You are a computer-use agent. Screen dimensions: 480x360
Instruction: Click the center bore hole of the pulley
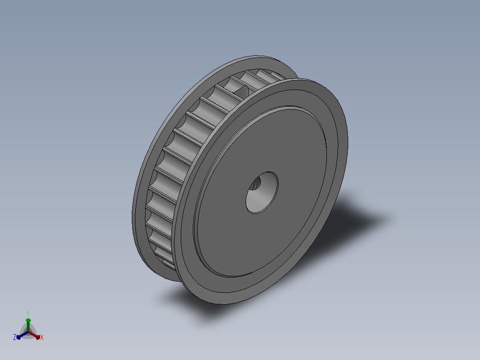tap(262, 193)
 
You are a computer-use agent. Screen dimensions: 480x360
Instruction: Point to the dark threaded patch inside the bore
tap(255, 184)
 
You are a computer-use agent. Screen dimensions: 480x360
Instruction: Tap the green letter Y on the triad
tap(28, 313)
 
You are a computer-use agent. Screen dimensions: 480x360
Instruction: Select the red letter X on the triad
tap(42, 337)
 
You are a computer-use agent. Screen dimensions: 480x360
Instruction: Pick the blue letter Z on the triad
tap(15, 337)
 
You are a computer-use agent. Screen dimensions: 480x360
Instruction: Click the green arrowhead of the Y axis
tap(28, 320)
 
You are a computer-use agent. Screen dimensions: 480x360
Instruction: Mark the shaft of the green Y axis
tap(28, 327)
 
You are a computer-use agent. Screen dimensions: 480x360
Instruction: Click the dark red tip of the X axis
tap(38, 337)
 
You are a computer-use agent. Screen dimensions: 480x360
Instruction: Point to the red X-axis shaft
tap(33, 334)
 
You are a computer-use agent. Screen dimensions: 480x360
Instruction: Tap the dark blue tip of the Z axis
tap(19, 337)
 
